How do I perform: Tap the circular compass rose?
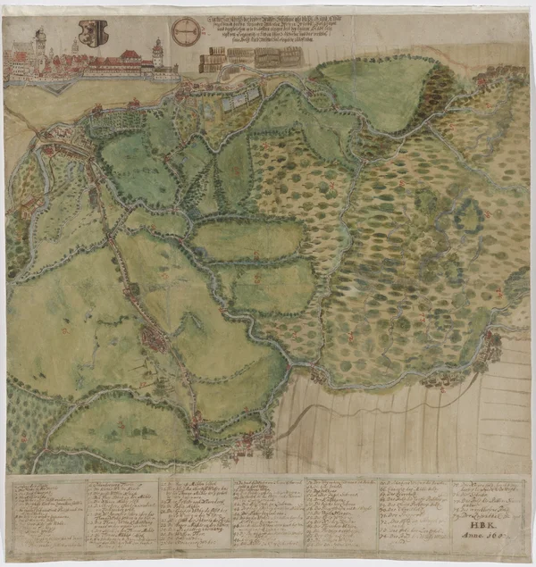click(x=186, y=31)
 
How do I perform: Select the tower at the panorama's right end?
click(x=157, y=54)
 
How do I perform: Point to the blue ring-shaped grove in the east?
click(x=467, y=214)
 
